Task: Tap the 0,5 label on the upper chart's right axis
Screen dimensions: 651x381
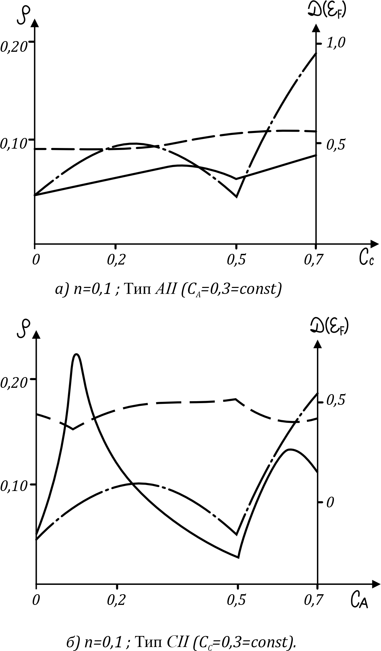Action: coord(337,144)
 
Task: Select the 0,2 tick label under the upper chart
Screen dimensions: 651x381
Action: coord(116,260)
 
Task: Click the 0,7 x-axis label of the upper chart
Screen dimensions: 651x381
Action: coord(314,260)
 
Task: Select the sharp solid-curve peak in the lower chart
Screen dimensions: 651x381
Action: coord(77,354)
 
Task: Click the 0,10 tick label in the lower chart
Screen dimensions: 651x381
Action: coord(13,486)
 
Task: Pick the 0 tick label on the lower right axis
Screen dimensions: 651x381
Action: coord(330,502)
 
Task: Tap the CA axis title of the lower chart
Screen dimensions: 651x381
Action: coord(359,600)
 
